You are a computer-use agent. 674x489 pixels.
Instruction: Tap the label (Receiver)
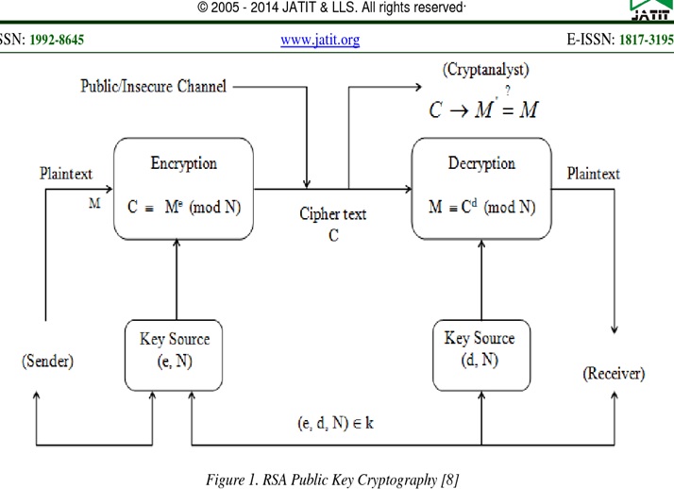click(x=613, y=374)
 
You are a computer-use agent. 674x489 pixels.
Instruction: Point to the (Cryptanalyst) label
click(x=485, y=69)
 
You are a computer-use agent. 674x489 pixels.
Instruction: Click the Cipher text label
click(x=332, y=214)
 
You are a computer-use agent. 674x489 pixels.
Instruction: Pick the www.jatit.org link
click(x=320, y=41)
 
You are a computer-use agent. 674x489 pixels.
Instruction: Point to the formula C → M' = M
click(x=482, y=110)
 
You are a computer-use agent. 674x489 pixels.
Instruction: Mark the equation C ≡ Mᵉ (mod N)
click(x=185, y=205)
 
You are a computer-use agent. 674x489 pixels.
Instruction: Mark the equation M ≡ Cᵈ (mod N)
click(x=481, y=205)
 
